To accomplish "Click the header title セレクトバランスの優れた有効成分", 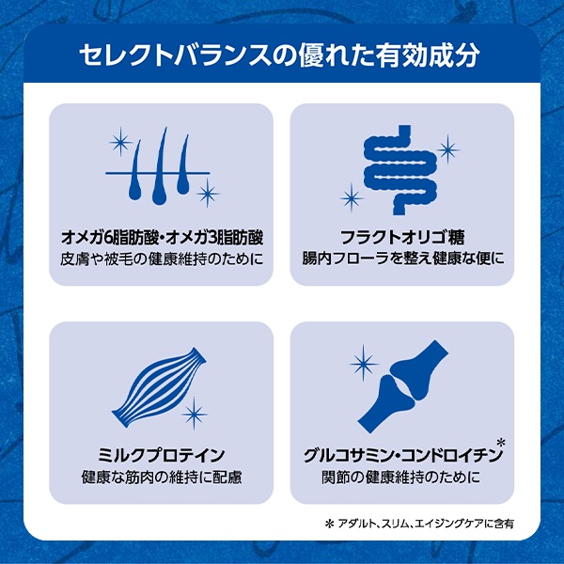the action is point(279,55).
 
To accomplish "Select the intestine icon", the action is point(400,170).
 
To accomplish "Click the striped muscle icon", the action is point(159,387).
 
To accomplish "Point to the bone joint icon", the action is point(403,386).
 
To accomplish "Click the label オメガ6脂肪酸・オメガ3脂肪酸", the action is point(162,237).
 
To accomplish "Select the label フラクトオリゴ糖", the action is point(402,237).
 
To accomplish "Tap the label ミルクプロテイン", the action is point(161,455).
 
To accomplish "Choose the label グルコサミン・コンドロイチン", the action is point(402,455).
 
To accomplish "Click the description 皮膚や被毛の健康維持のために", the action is point(162,259).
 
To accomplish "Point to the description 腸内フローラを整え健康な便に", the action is point(403,258).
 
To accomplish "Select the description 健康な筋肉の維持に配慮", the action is point(162,478).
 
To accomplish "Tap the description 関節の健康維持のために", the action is point(401,478).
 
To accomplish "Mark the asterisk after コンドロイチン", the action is point(501,442).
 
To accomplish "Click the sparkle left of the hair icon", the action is point(121,142).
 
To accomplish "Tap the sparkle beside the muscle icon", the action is point(195,414).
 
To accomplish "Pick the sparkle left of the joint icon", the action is point(364,363).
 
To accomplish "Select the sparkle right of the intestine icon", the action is point(447,149).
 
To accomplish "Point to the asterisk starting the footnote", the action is point(329,525).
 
